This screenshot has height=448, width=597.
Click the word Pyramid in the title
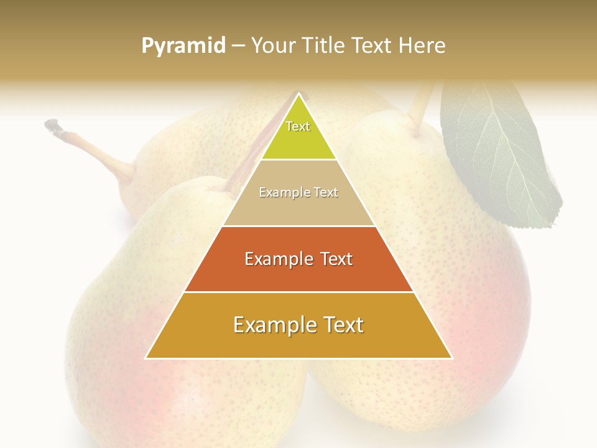(183, 46)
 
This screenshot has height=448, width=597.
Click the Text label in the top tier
(298, 126)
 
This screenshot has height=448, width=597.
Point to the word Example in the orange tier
(277, 259)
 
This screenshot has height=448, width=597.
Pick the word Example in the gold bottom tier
(274, 325)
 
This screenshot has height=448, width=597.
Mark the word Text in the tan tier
(326, 193)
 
